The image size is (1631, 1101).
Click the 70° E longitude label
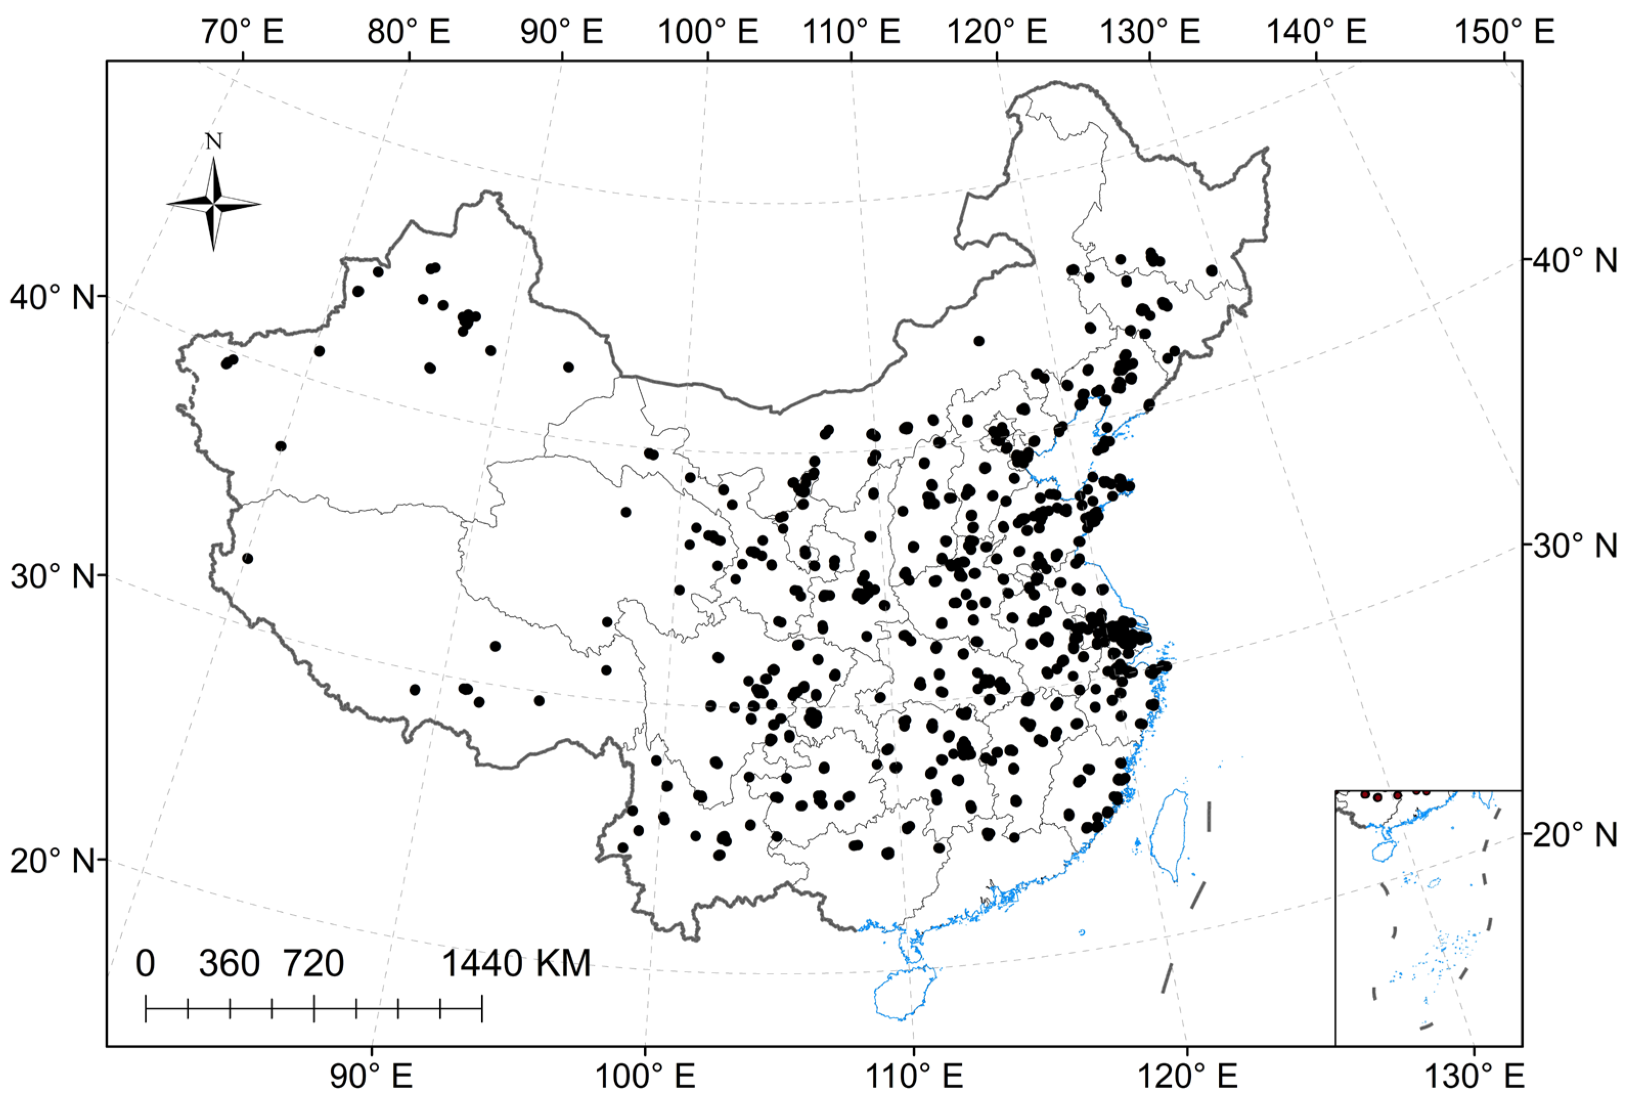[x=242, y=32]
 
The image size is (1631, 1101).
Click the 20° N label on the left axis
[x=52, y=860]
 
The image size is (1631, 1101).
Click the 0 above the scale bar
[x=145, y=964]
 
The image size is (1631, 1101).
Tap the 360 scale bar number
[x=229, y=964]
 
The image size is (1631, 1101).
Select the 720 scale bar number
[x=313, y=964]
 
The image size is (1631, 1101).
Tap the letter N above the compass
[x=214, y=142]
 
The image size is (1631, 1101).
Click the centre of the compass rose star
[x=214, y=204]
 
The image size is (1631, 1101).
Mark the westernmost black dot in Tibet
[x=247, y=558]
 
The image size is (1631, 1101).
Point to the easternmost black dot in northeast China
[x=1211, y=270]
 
